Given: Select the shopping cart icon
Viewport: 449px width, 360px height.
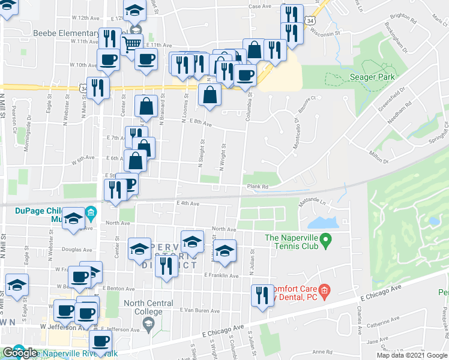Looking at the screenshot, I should [131, 43].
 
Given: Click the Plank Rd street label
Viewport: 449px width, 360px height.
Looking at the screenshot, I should [257, 187].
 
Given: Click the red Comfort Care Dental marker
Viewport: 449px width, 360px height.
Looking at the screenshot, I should [324, 292].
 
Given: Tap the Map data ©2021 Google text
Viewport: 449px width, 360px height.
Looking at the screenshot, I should [412, 355].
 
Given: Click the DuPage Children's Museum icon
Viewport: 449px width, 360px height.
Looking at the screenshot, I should [91, 212].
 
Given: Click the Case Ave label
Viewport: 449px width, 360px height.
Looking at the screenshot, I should [260, 6].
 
